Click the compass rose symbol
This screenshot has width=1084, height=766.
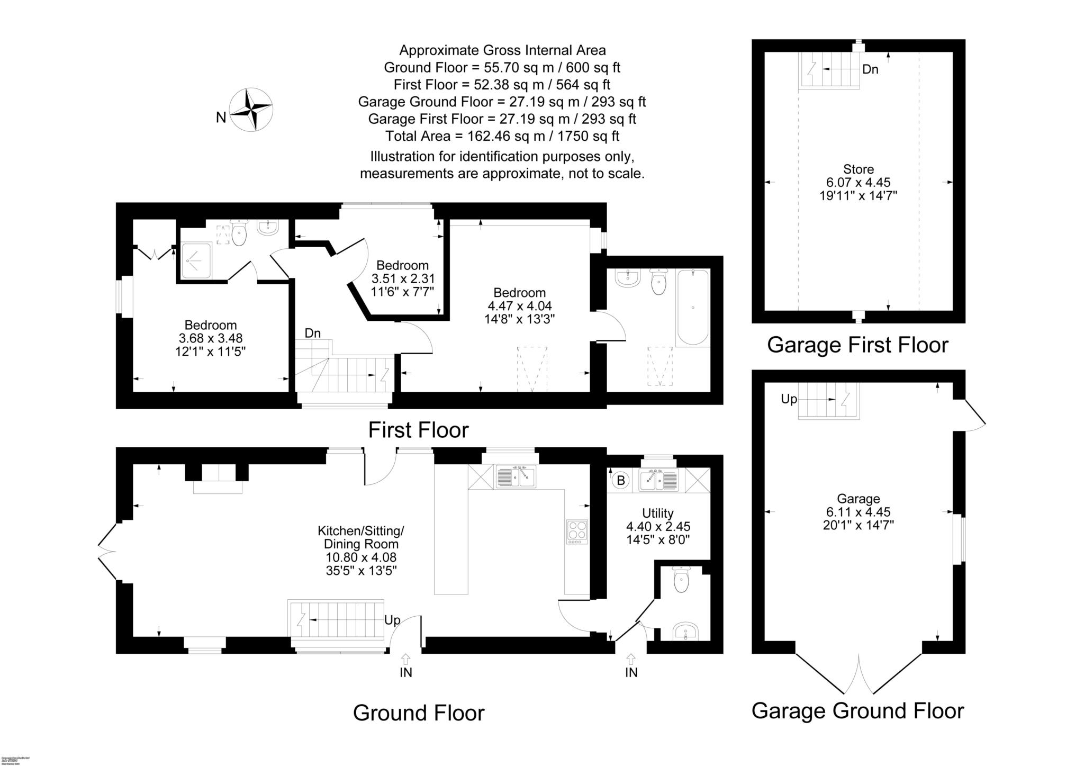pos(251,110)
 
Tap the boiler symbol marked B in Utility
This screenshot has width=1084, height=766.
pos(621,481)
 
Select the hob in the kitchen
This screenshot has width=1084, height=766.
pos(577,532)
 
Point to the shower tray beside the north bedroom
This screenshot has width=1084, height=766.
pos(196,260)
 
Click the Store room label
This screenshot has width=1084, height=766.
pos(858,169)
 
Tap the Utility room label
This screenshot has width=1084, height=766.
pos(657,513)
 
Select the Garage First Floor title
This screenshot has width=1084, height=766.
pos(857,345)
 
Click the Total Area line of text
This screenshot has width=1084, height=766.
pos(502,136)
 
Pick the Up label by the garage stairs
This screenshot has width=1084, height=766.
pos(789,399)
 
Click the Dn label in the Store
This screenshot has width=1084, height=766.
pos(870,69)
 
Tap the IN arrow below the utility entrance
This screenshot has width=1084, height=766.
pos(631,660)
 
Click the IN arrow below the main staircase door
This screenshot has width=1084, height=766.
pos(406,660)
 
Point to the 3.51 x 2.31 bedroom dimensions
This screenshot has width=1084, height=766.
pos(403,278)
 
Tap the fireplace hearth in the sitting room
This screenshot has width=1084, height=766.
pos(218,486)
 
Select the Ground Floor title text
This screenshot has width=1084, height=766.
pos(418,713)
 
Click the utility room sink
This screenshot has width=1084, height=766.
pos(659,480)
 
